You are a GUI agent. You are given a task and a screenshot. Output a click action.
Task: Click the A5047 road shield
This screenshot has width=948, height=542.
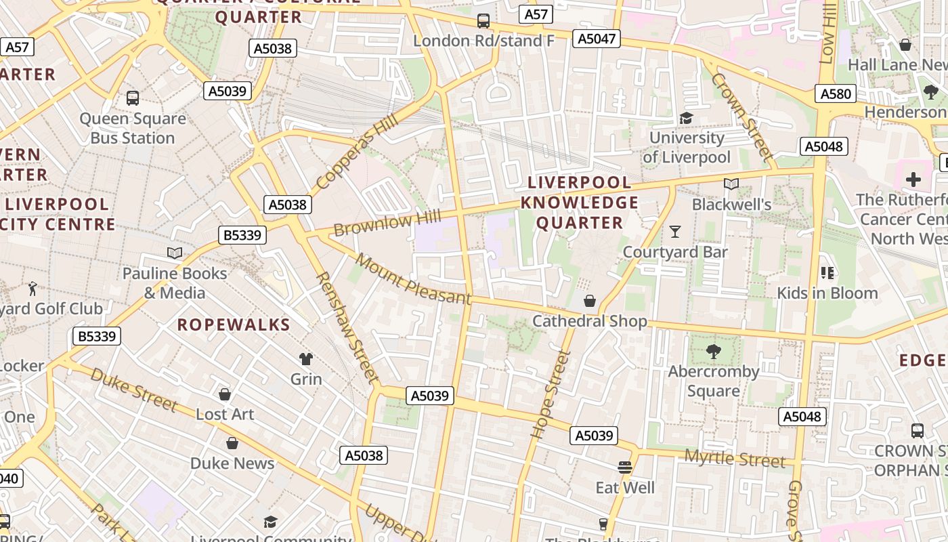(x=597, y=39)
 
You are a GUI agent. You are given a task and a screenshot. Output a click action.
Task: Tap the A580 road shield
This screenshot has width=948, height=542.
(x=835, y=93)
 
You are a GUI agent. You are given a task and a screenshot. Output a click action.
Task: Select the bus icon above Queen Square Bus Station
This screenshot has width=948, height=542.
(x=133, y=98)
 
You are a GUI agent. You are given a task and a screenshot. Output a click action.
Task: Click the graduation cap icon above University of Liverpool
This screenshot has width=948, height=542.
(x=686, y=119)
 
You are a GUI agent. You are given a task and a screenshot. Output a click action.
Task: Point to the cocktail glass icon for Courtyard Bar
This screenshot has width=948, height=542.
(x=674, y=232)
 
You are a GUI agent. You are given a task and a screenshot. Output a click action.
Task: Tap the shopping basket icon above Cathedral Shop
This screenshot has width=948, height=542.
(x=590, y=301)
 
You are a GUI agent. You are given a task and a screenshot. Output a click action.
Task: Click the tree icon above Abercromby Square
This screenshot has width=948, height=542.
(x=713, y=351)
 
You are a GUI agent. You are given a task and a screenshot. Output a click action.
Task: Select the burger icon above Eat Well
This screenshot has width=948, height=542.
(x=624, y=467)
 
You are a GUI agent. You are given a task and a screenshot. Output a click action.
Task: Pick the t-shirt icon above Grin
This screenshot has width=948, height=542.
(x=306, y=358)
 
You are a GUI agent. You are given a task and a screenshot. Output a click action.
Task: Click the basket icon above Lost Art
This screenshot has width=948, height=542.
(x=225, y=394)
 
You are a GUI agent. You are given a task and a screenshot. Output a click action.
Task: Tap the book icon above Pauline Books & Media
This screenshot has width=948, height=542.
(x=175, y=253)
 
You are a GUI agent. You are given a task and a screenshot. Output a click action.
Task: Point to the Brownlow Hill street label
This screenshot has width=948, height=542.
(x=387, y=223)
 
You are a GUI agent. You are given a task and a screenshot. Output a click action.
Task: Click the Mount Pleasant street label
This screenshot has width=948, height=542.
(x=412, y=279)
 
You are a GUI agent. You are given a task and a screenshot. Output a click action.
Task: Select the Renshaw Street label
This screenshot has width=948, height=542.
(x=345, y=327)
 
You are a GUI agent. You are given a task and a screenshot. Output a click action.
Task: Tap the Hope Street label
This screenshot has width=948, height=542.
(x=548, y=394)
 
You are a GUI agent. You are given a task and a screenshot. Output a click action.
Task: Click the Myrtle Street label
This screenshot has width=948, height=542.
(x=735, y=459)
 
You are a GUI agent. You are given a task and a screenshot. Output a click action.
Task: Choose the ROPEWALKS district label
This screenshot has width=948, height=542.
(x=234, y=325)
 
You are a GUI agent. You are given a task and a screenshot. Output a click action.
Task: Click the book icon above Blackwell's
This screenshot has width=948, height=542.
(x=731, y=184)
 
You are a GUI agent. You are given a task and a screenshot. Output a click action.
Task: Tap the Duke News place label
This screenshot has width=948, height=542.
(x=232, y=463)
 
